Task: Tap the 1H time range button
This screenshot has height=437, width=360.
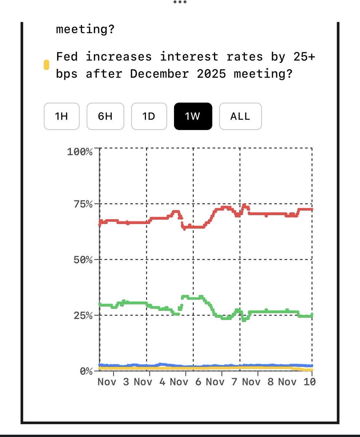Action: [62, 117]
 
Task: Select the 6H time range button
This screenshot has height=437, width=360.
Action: [105, 117]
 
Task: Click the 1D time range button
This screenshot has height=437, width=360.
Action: [149, 117]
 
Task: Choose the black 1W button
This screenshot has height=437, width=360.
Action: [193, 117]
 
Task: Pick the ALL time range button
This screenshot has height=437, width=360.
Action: [240, 117]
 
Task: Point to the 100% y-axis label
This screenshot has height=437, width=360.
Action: [80, 151]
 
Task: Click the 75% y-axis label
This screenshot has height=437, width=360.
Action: [83, 204]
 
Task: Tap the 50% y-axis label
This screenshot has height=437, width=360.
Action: [83, 260]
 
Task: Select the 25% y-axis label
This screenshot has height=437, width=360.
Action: [83, 315]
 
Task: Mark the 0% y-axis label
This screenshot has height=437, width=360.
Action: [86, 371]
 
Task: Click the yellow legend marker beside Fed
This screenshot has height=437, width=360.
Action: [46, 65]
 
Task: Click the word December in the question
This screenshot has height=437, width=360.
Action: [159, 74]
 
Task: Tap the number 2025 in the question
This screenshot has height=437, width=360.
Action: [211, 74]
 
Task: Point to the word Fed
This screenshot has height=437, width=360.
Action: [67, 56]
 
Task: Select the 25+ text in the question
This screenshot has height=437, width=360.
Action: [304, 56]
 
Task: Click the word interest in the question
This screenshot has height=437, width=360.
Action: [189, 56]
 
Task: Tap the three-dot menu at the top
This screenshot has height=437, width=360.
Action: [180, 2]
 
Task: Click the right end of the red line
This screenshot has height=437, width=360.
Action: [312, 209]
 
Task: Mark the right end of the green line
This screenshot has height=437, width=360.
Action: [312, 315]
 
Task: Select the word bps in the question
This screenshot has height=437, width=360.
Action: [67, 74]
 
